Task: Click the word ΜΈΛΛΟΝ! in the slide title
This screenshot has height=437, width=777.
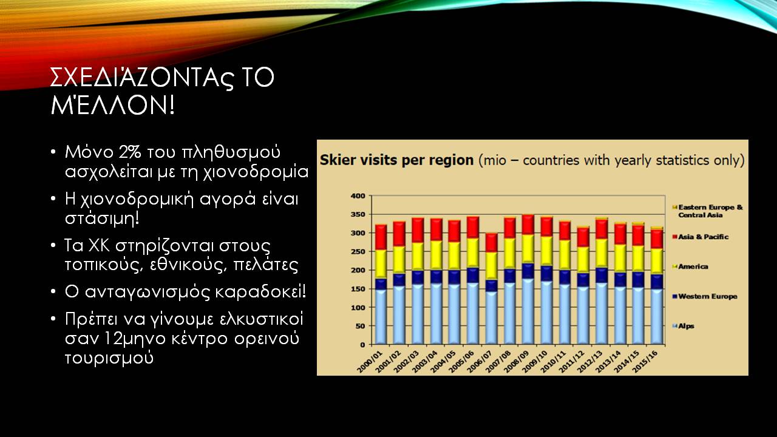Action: tap(112, 105)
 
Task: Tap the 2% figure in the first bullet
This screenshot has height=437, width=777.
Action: tap(130, 152)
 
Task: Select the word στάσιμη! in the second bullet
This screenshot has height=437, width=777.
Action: tap(102, 218)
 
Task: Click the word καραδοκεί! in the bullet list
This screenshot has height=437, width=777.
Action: tap(260, 292)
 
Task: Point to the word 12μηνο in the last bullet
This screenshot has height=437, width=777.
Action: tap(135, 339)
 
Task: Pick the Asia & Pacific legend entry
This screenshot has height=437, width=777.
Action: tap(701, 237)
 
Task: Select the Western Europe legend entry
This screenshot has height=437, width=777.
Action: tap(705, 297)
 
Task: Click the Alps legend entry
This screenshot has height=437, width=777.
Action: tap(683, 326)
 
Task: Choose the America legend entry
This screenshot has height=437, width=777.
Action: tap(690, 266)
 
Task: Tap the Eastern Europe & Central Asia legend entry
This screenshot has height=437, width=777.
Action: tap(707, 211)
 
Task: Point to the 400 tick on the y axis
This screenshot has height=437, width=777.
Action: tap(358, 196)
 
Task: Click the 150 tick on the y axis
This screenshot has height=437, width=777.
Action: tap(358, 289)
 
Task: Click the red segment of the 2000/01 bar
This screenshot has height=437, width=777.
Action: tap(381, 237)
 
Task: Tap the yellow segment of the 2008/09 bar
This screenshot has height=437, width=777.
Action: tap(528, 249)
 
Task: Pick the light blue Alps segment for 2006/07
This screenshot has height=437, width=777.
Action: tap(491, 318)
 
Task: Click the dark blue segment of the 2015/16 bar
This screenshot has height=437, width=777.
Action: tap(656, 282)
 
